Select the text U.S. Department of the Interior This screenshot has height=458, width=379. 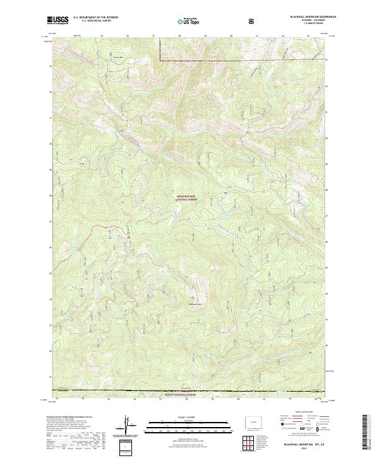95,18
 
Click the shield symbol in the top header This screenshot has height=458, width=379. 253,21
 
